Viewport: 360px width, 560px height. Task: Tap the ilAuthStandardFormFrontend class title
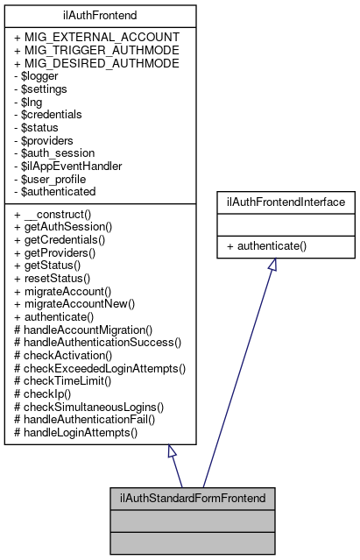click(x=193, y=498)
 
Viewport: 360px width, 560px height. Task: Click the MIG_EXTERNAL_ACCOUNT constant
click(x=96, y=38)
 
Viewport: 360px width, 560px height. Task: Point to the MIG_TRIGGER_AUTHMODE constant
click(x=96, y=51)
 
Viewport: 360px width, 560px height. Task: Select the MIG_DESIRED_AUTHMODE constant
click(x=96, y=64)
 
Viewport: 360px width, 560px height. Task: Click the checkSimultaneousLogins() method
click(x=90, y=407)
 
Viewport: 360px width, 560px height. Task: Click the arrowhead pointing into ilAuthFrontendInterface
click(x=272, y=265)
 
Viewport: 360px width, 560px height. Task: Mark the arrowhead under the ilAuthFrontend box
click(x=173, y=452)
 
